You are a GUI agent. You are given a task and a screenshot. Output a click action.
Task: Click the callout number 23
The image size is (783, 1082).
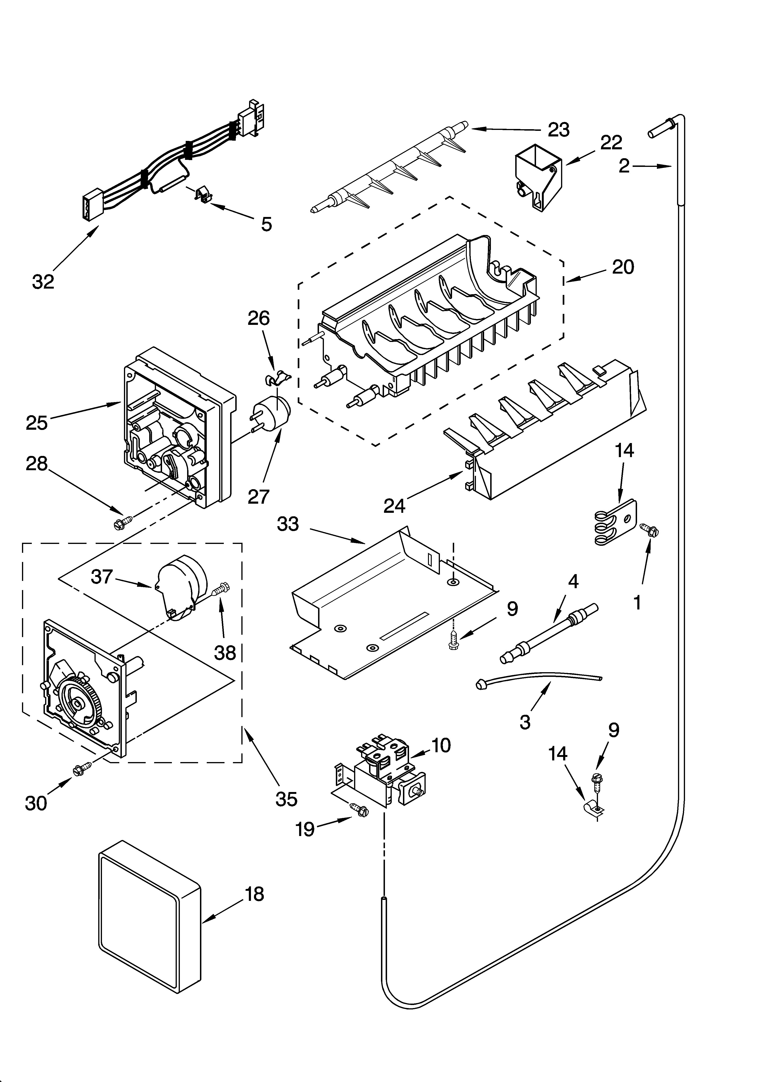(x=558, y=130)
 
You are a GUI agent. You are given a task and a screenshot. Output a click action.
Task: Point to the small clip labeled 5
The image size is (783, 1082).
(x=203, y=195)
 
